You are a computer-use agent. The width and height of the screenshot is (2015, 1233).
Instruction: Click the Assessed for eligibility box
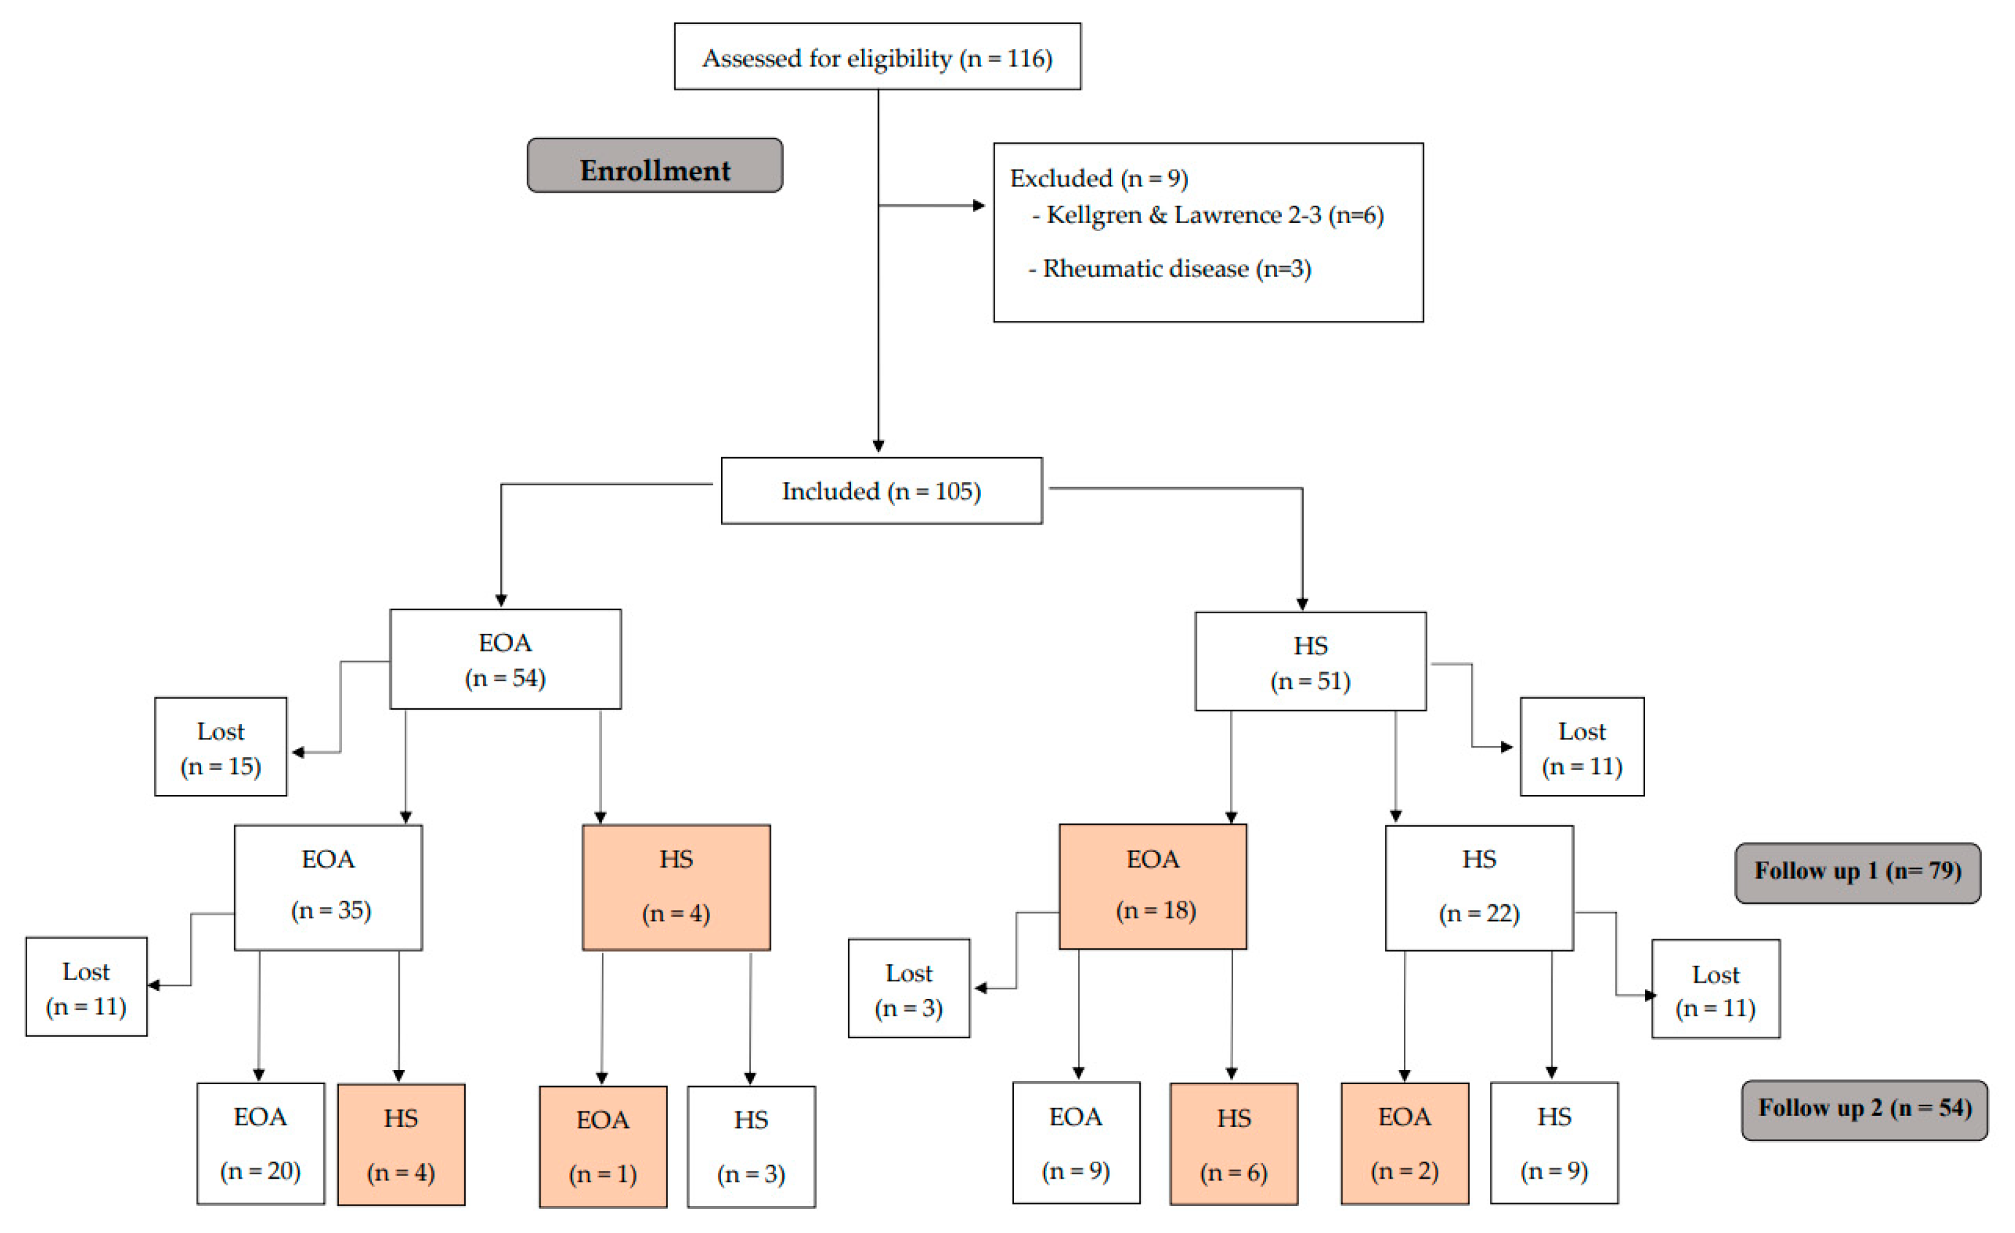(877, 56)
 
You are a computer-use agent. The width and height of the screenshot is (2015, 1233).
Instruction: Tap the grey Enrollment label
(654, 166)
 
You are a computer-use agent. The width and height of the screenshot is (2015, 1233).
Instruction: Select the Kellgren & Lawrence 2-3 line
(1214, 215)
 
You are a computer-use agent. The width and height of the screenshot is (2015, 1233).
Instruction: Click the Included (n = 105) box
(881, 491)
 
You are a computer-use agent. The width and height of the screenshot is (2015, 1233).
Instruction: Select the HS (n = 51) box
(1310, 662)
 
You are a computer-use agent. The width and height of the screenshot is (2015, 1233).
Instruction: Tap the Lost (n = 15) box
(220, 747)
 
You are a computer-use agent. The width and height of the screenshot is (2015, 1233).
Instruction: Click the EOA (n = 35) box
(328, 888)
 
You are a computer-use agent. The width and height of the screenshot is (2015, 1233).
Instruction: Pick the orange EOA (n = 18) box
(1152, 887)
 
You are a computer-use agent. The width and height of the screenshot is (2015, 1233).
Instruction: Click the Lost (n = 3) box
(909, 989)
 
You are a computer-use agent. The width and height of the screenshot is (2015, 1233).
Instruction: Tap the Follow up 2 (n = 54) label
(1864, 1110)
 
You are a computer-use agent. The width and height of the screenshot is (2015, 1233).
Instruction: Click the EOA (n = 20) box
(260, 1144)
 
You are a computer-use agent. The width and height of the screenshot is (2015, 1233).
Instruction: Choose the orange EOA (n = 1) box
(603, 1147)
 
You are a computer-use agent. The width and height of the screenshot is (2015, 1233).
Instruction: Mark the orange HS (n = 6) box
(1233, 1144)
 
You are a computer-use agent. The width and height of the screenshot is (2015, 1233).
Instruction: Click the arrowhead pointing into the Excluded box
(979, 205)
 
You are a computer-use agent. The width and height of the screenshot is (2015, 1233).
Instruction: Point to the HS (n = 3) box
(751, 1147)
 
